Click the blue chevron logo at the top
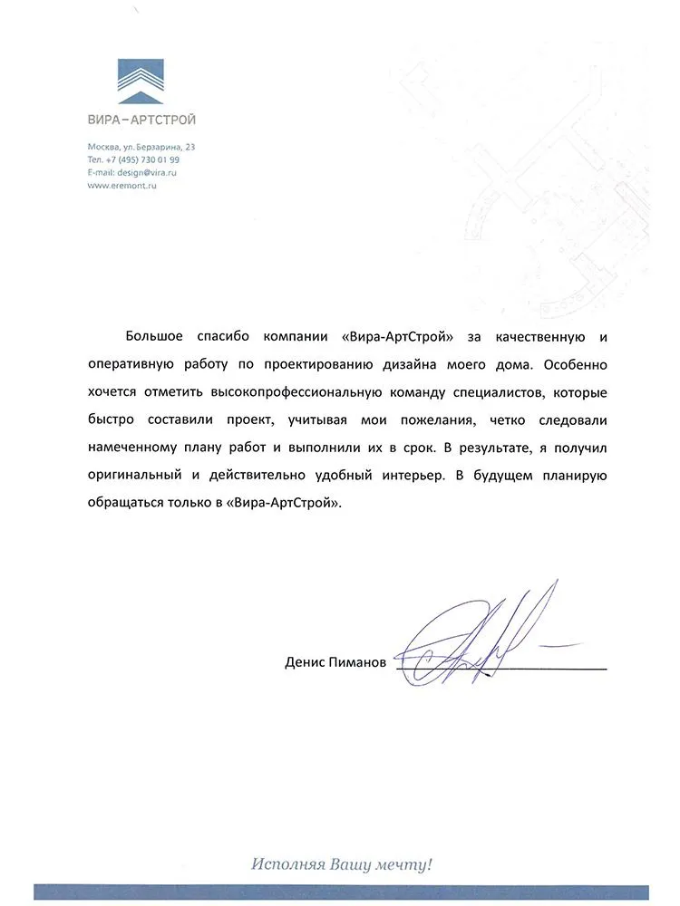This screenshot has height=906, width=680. (141, 79)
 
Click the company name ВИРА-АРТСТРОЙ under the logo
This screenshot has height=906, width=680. (141, 119)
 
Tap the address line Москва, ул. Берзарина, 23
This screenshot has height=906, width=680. (141, 147)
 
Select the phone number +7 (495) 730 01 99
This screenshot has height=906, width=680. (146, 159)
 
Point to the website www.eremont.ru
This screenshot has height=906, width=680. (122, 185)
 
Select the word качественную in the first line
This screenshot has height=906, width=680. (539, 337)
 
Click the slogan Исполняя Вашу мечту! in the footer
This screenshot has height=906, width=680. (342, 864)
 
